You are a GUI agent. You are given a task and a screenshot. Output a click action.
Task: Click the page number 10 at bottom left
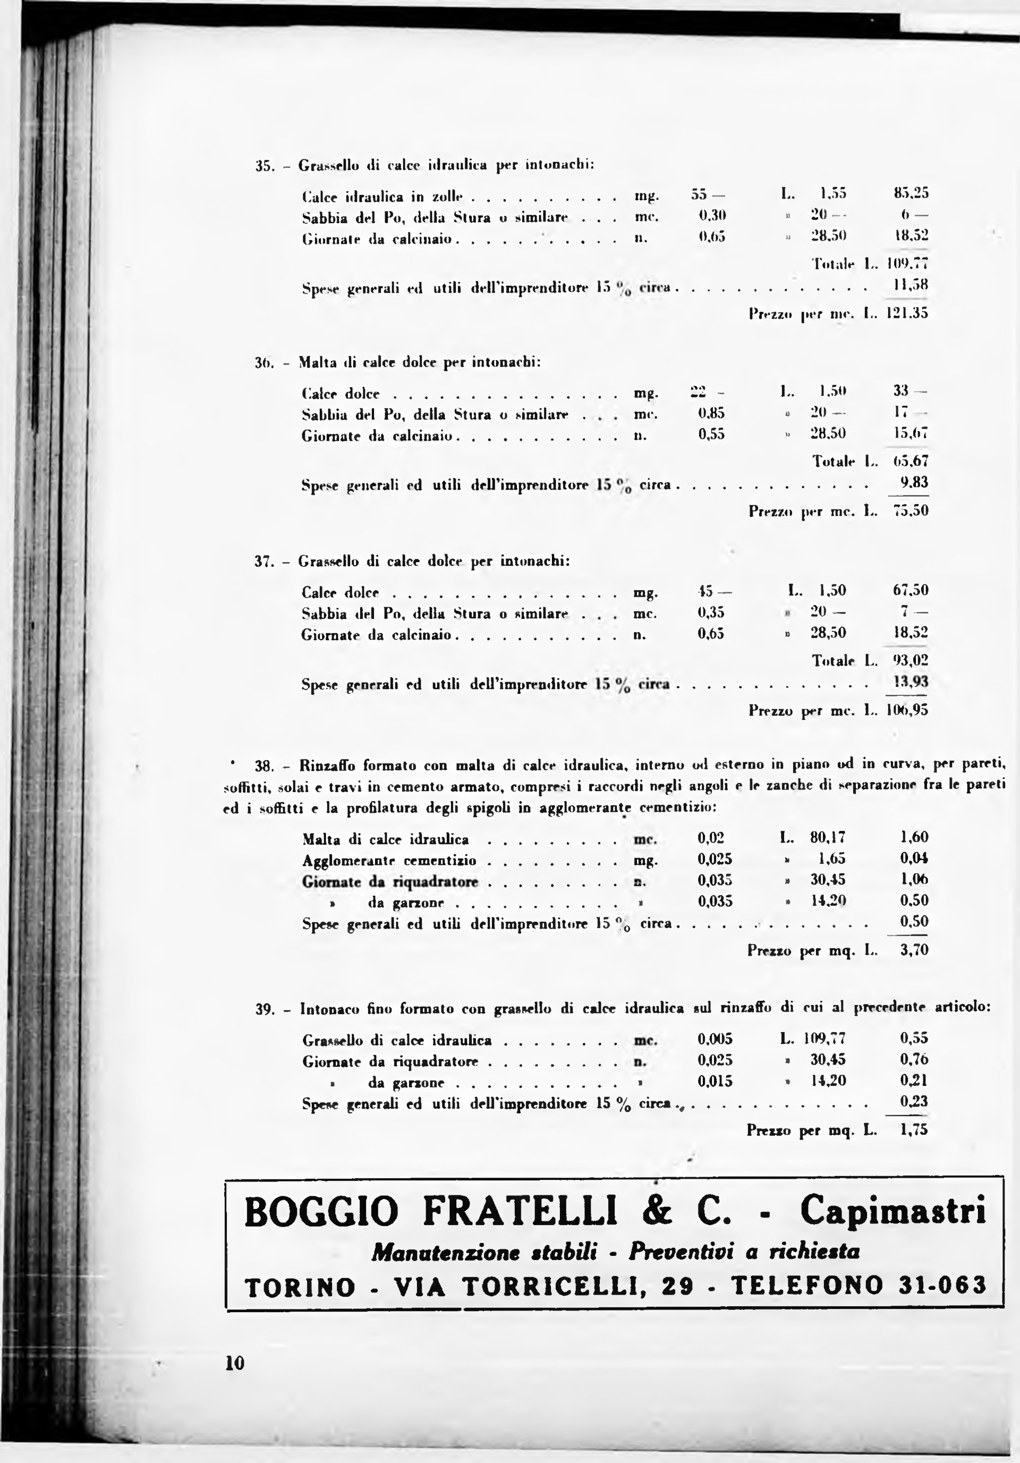234,1363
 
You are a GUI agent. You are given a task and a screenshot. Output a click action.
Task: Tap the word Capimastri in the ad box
893,1210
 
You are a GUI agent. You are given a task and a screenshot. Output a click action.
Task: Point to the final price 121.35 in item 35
908,313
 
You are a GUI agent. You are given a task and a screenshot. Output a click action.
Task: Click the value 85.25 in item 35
911,192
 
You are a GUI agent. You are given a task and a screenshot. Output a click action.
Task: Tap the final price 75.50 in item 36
911,511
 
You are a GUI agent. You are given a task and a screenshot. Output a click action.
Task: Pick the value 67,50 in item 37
911,590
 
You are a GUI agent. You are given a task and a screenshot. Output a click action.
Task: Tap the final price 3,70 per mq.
914,951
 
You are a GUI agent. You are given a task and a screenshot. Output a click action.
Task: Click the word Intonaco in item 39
328,1009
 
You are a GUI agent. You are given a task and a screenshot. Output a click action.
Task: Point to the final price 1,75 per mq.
914,1130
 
